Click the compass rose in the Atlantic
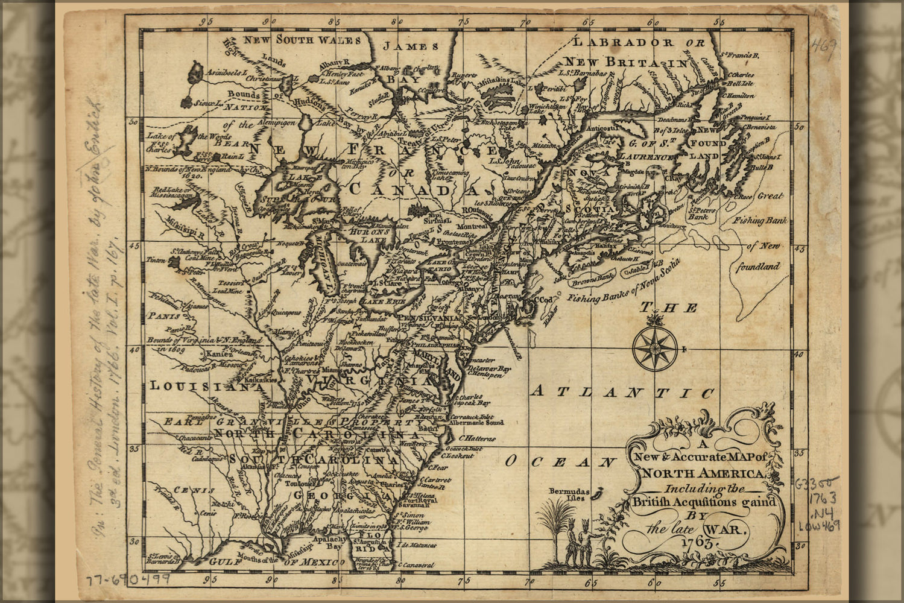coord(655,349)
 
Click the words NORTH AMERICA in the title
coord(704,473)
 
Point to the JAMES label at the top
coord(412,46)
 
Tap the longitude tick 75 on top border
coord(463,22)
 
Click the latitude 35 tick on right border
coord(800,453)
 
